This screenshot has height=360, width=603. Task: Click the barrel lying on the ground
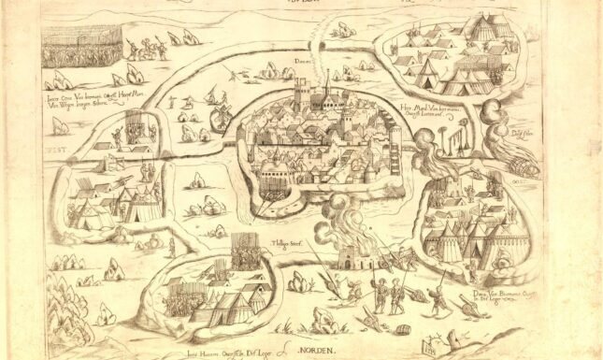point(405,329)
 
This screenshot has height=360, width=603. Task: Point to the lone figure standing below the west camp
point(171,247)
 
